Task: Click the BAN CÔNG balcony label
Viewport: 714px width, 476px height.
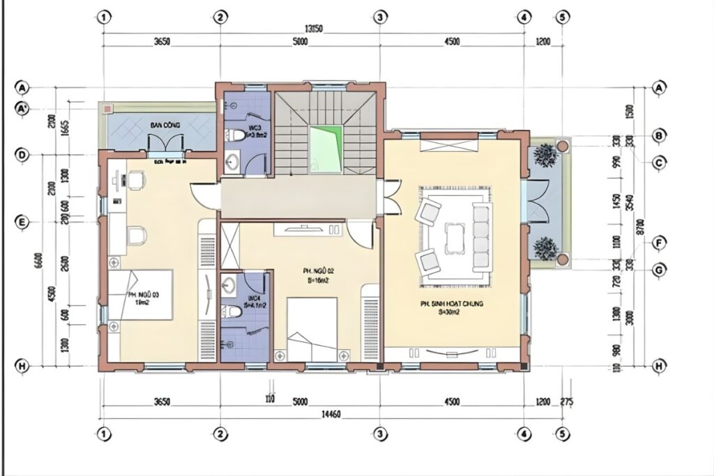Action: click(165, 124)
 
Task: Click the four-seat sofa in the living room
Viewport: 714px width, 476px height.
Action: click(480, 237)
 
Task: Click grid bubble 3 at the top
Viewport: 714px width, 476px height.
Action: click(379, 17)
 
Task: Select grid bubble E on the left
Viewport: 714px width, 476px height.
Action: click(23, 222)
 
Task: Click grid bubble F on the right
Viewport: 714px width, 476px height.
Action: click(658, 243)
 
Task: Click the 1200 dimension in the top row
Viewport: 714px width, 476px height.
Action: click(543, 42)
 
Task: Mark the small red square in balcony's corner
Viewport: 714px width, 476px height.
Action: click(107, 109)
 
